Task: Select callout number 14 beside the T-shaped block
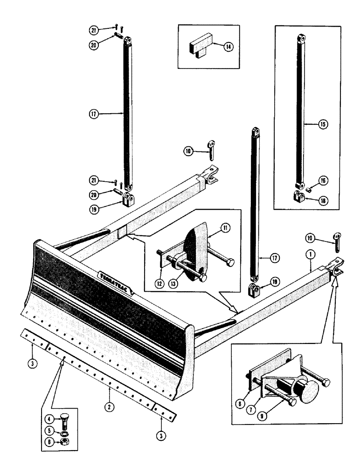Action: (x=227, y=47)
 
